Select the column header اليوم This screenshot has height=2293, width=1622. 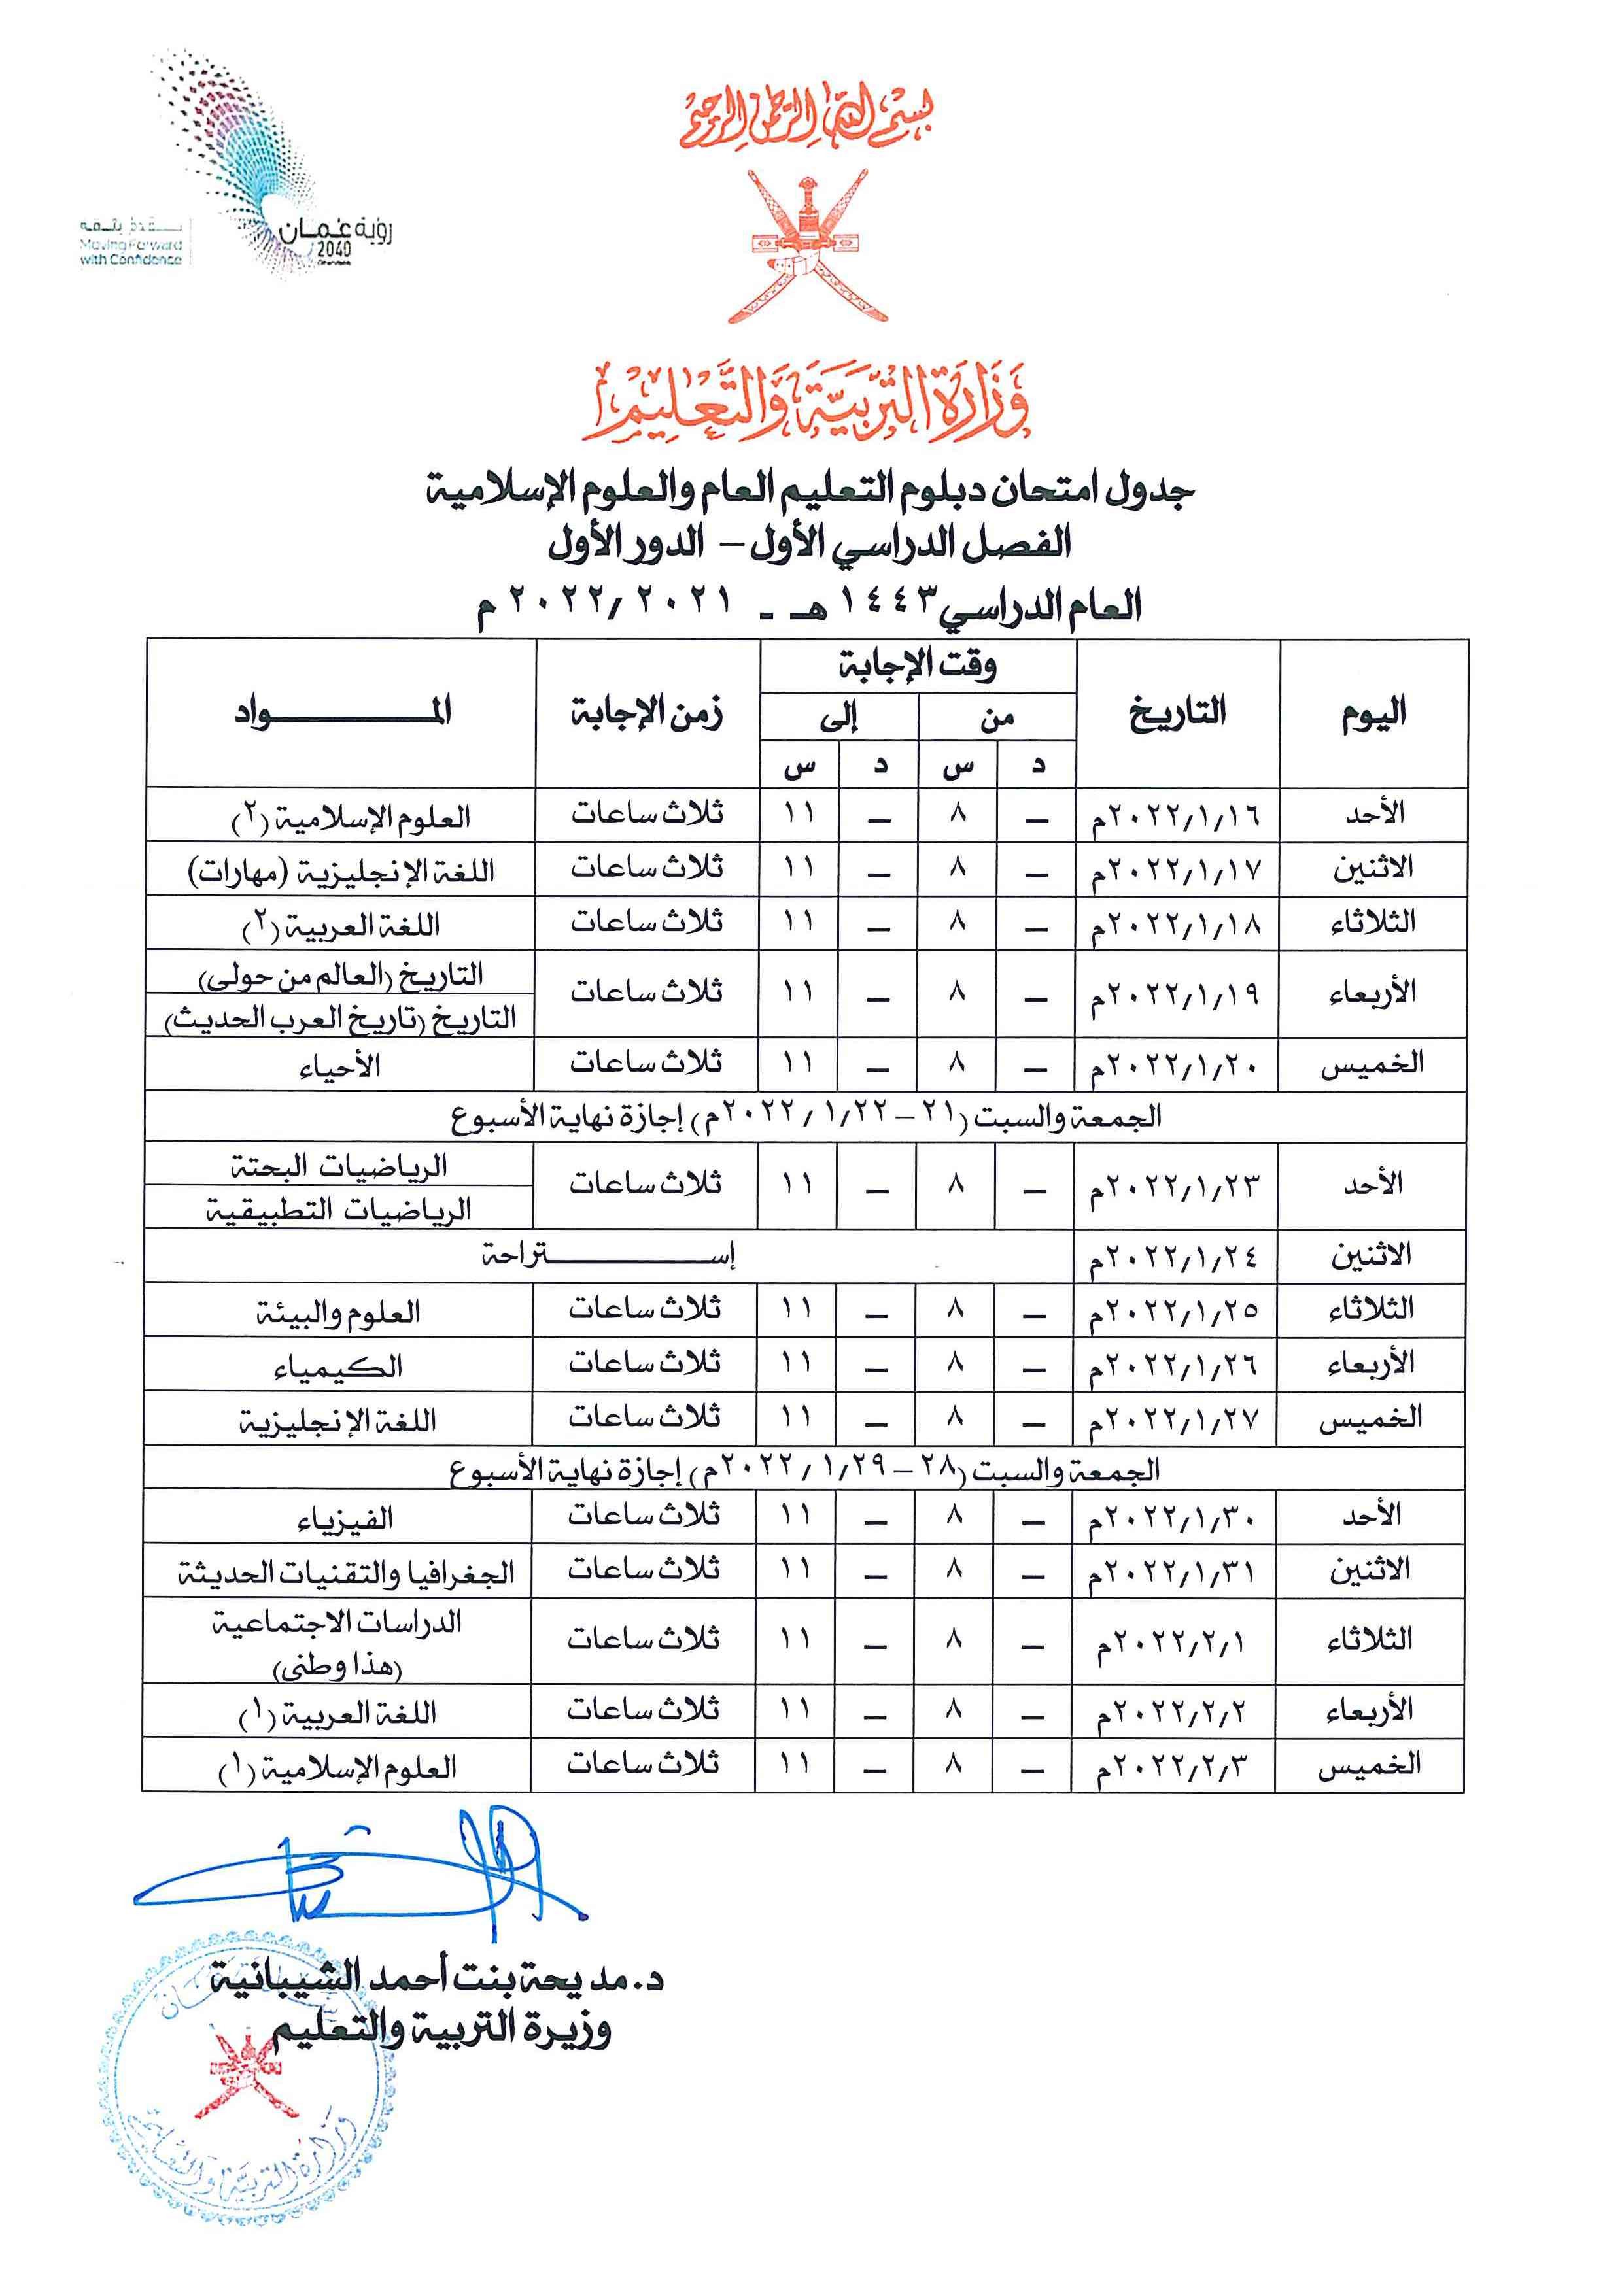(1373, 712)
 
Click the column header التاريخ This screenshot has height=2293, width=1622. (1177, 712)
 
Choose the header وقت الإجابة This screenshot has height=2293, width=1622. (917, 664)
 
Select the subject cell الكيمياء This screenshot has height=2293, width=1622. (337, 1365)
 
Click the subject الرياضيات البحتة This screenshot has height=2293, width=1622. (339, 1164)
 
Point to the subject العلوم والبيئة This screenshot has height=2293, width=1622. (337, 1312)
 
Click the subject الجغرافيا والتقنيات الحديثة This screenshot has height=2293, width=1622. (345, 1573)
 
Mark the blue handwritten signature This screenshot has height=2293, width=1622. (360, 1867)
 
